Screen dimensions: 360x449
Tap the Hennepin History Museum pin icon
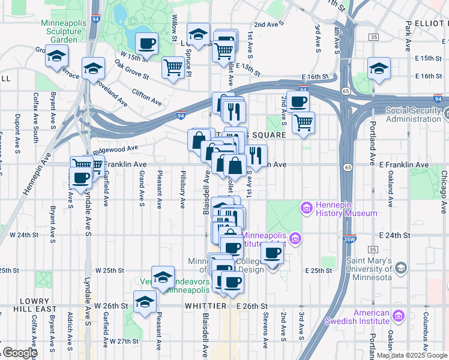306,208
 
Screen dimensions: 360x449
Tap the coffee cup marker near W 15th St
146,43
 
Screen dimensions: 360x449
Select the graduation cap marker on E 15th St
379,68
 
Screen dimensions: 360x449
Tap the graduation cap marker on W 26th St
145,302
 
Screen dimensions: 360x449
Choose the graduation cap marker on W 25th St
163,277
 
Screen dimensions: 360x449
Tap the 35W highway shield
351,239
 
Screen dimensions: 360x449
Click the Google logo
19,353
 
